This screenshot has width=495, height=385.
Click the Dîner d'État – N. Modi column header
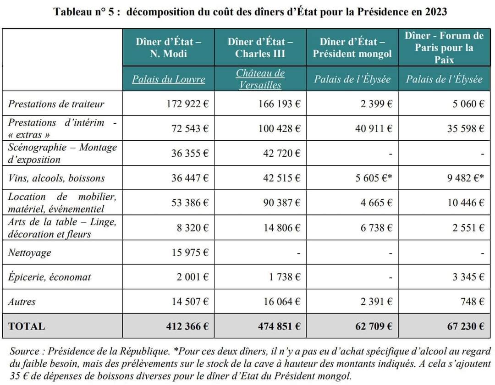(168, 47)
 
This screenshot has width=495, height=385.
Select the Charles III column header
(260, 47)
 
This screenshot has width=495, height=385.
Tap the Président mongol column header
(352, 47)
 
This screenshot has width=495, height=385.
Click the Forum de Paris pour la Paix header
(444, 47)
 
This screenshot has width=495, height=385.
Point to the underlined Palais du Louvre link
(168, 79)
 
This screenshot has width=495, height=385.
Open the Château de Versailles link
(260, 79)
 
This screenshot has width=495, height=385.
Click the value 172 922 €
(187, 104)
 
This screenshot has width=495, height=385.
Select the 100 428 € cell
(280, 128)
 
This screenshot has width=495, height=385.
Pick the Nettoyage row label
(30, 253)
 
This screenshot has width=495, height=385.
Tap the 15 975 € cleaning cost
(190, 253)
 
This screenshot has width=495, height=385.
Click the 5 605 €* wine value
(374, 178)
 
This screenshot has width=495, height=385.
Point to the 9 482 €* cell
(465, 178)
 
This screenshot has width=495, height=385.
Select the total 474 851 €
(279, 326)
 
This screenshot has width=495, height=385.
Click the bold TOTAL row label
(27, 326)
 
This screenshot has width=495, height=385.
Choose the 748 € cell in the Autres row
(472, 302)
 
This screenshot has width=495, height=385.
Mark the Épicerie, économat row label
(49, 277)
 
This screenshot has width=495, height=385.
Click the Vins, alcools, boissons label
(56, 178)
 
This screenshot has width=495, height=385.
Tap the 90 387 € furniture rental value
(282, 203)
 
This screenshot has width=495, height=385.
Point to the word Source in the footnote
(25, 351)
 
